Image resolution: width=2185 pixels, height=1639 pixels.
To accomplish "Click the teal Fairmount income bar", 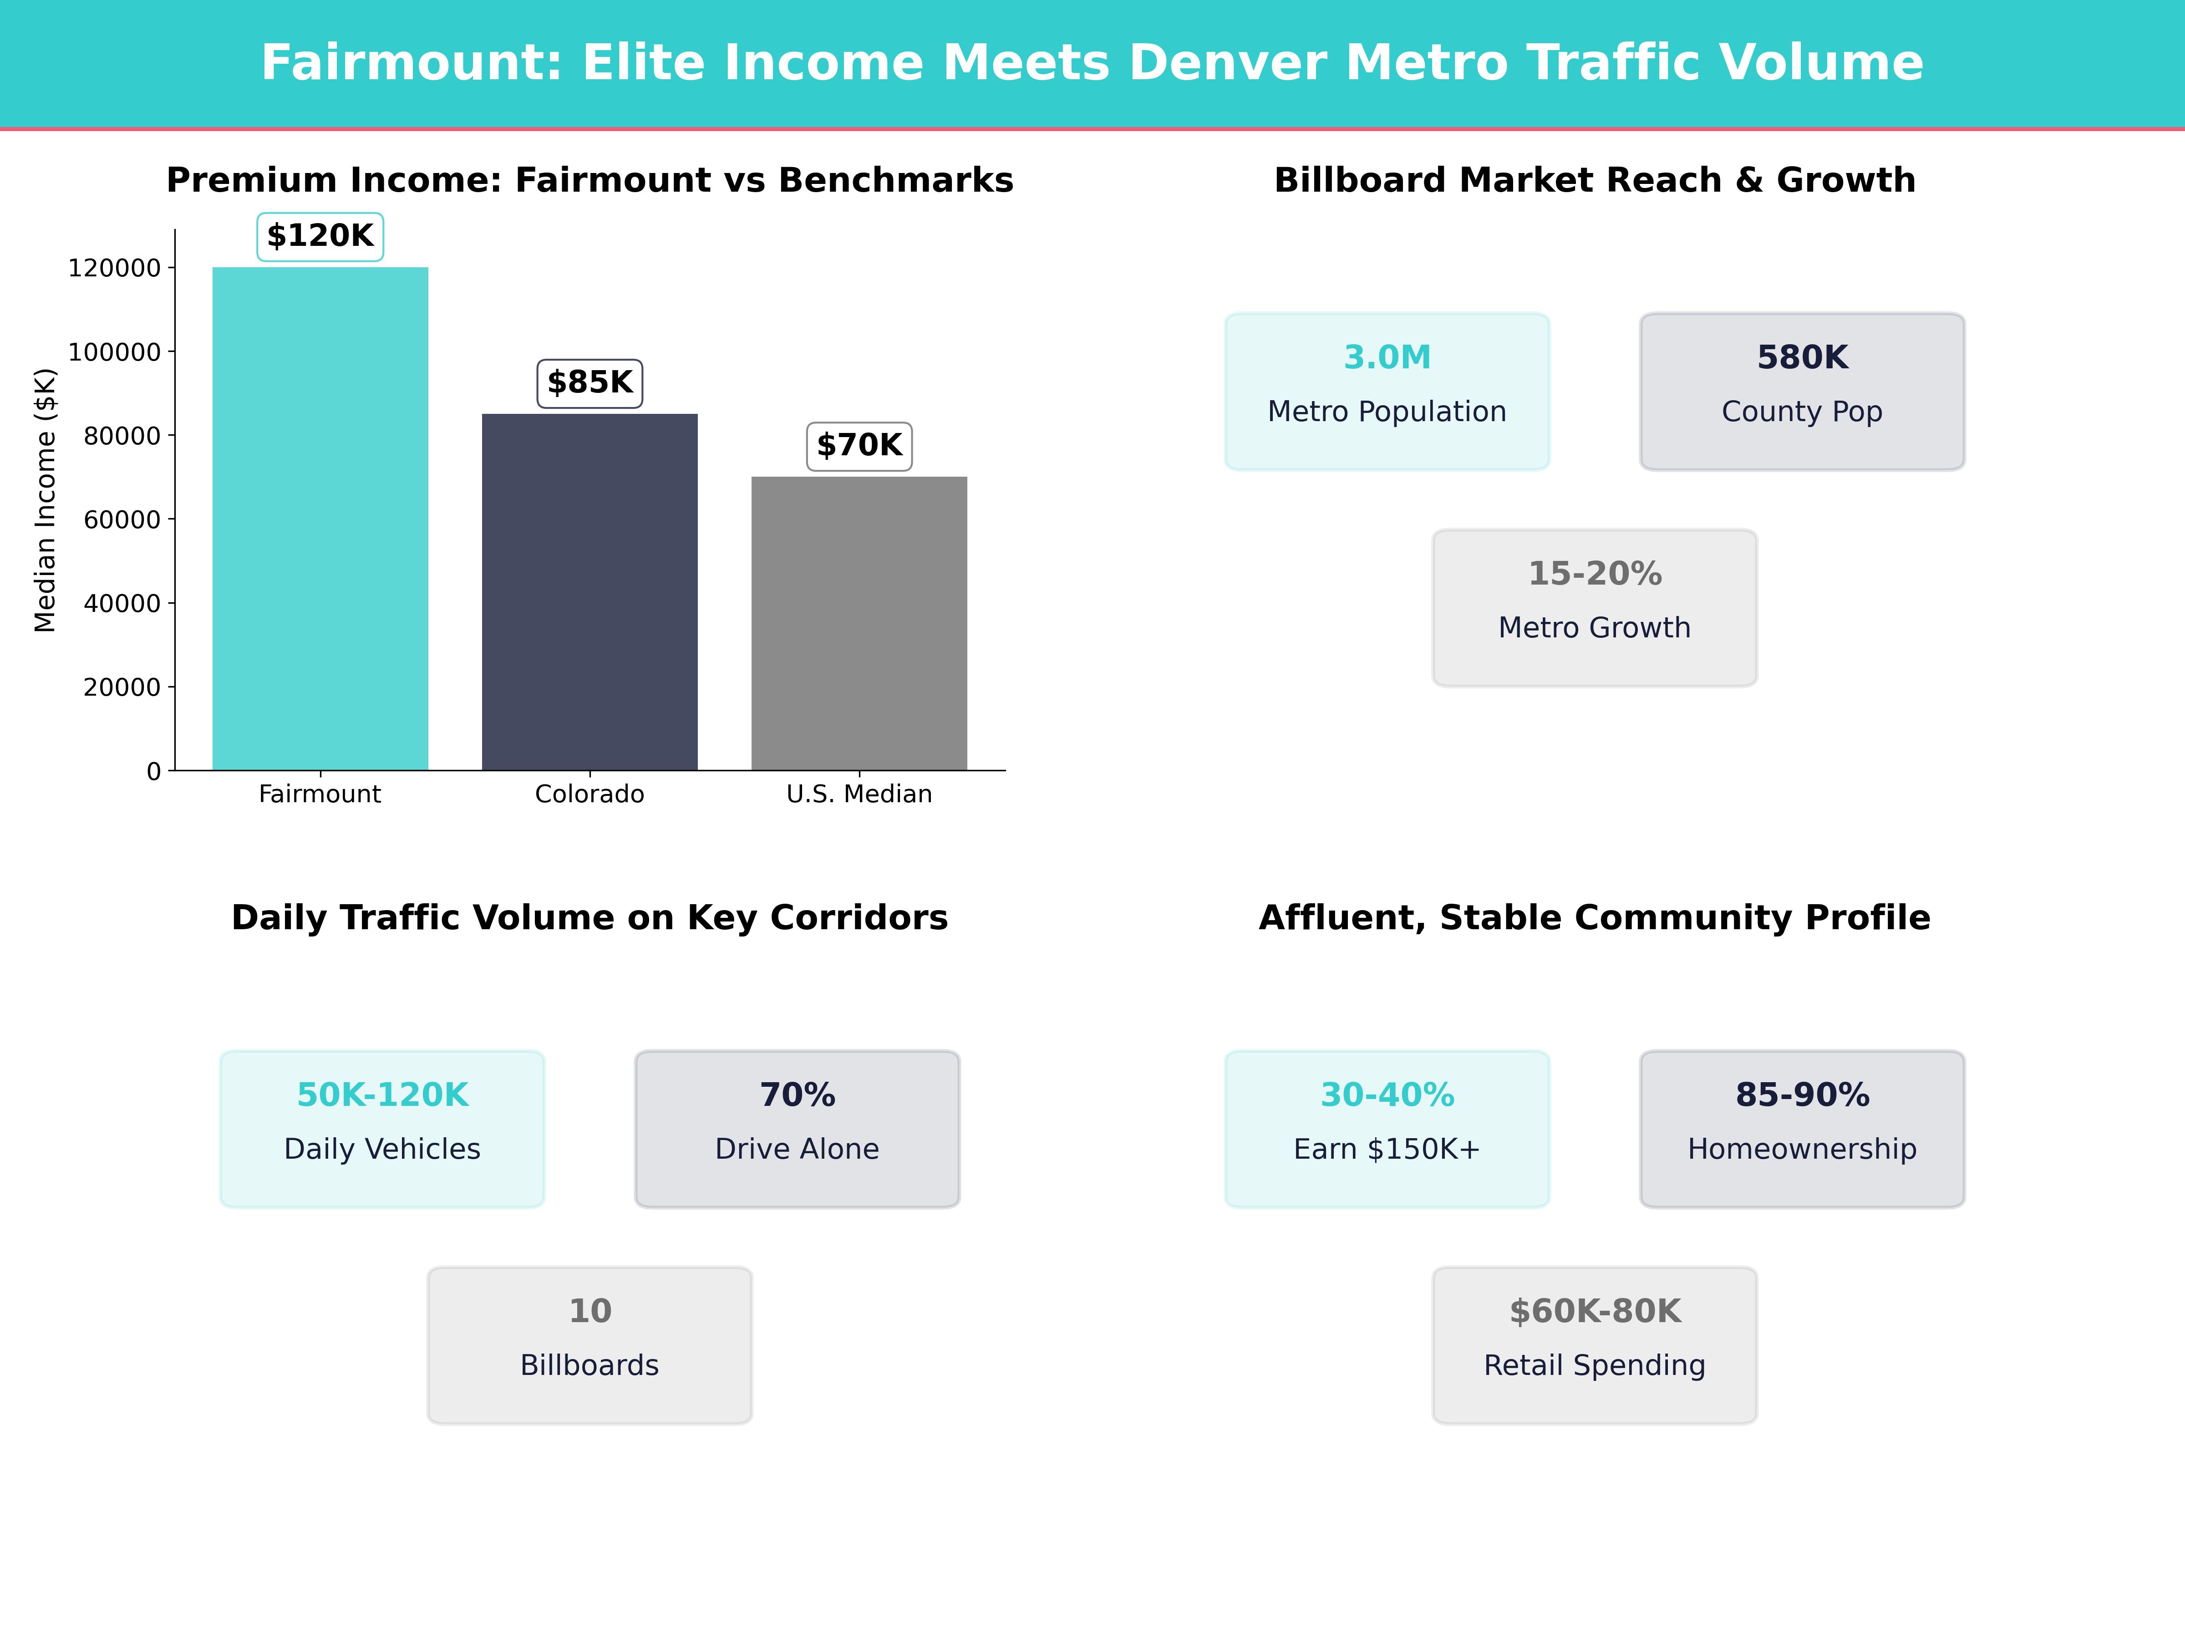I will click(320, 519).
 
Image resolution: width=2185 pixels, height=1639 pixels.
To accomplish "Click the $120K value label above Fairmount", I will click(320, 236).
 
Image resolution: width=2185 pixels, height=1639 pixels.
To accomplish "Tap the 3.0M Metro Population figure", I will click(1387, 358).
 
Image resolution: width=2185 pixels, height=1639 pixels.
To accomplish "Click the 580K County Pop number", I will click(1802, 358).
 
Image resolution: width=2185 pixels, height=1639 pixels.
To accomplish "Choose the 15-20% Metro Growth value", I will click(1594, 574).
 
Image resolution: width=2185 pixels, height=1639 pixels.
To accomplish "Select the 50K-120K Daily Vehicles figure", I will click(382, 1096).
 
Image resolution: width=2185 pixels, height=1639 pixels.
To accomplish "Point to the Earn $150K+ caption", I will click(1387, 1149).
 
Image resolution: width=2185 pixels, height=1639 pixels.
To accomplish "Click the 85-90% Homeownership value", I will click(1802, 1096).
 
